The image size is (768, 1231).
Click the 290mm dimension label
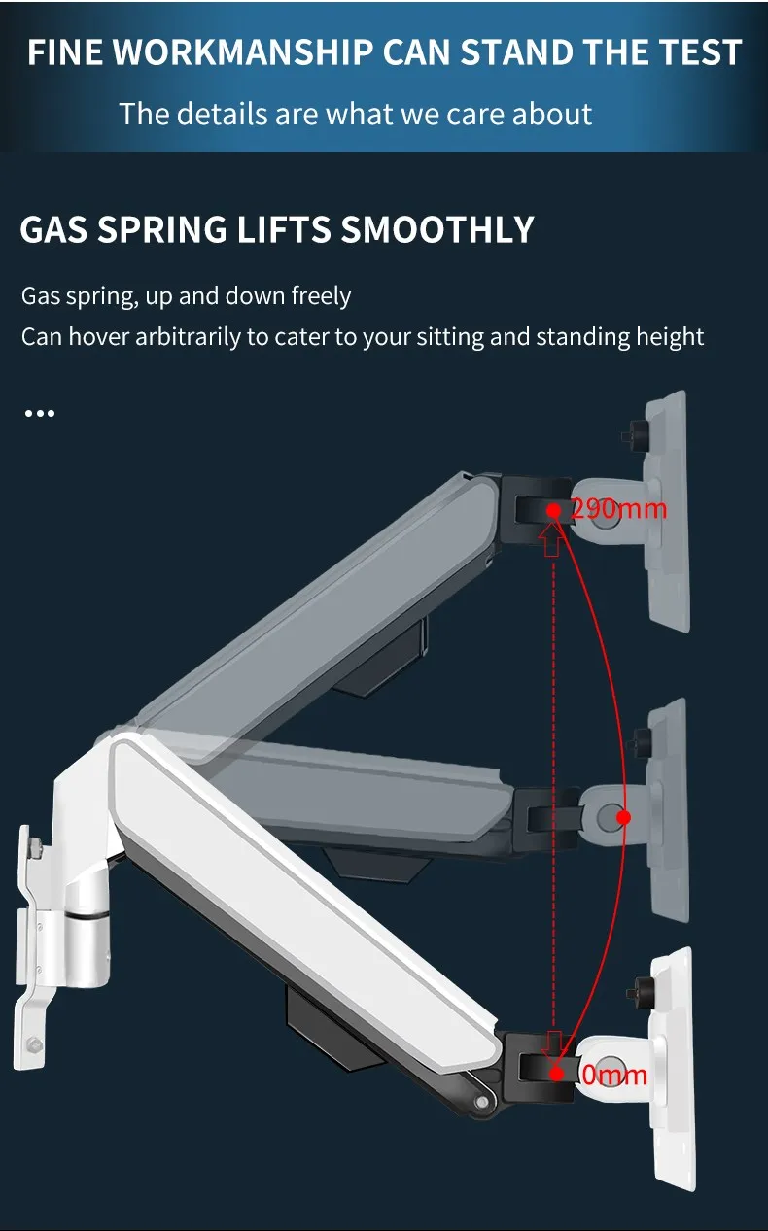618,509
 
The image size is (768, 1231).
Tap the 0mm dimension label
614,1074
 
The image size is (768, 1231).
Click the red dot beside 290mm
553,510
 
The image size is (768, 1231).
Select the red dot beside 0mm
557,1074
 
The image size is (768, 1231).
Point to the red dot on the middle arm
623,817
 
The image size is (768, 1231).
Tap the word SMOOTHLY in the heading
437,229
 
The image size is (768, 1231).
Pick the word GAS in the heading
53,229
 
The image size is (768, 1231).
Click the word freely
321,296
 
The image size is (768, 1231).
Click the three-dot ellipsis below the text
40,413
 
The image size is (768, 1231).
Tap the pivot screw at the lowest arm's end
482,1102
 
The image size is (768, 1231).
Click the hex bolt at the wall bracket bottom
34,1043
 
